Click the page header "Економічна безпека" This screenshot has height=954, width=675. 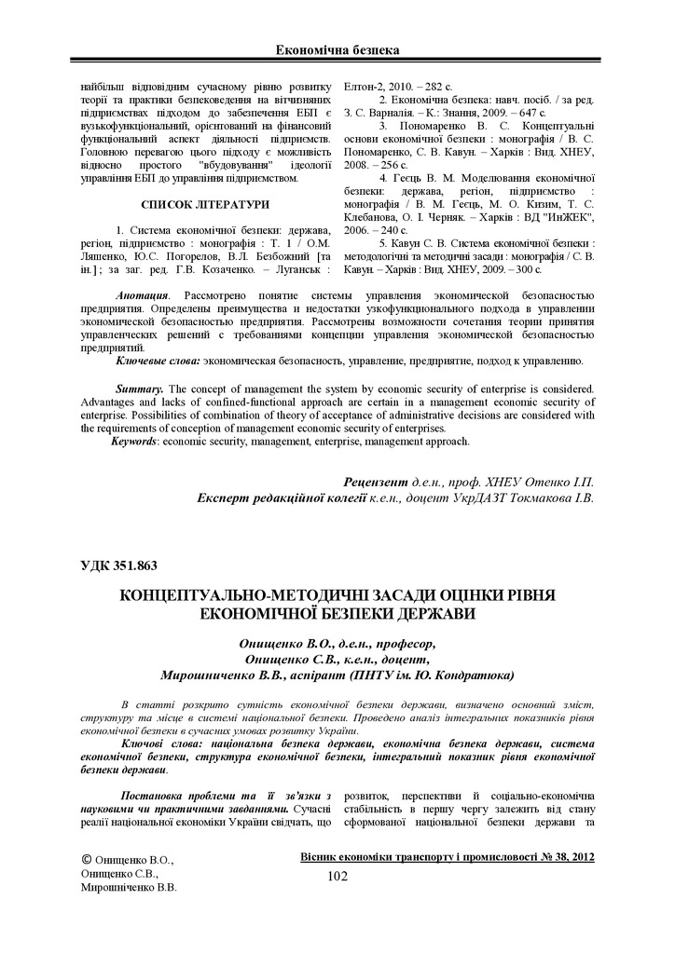[x=337, y=48]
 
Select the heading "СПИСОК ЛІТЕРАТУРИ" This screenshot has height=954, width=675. [x=205, y=203]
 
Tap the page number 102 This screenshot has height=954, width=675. [x=337, y=875]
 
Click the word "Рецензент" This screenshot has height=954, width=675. [x=376, y=482]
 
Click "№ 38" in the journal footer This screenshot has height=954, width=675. [x=537, y=856]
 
